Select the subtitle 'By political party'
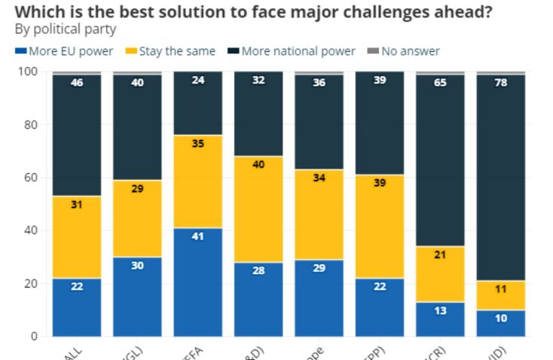tap(65, 29)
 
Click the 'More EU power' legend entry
tap(64, 51)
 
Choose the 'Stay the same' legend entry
tap(172, 51)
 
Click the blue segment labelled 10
tap(501, 322)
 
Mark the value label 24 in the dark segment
tap(198, 81)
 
